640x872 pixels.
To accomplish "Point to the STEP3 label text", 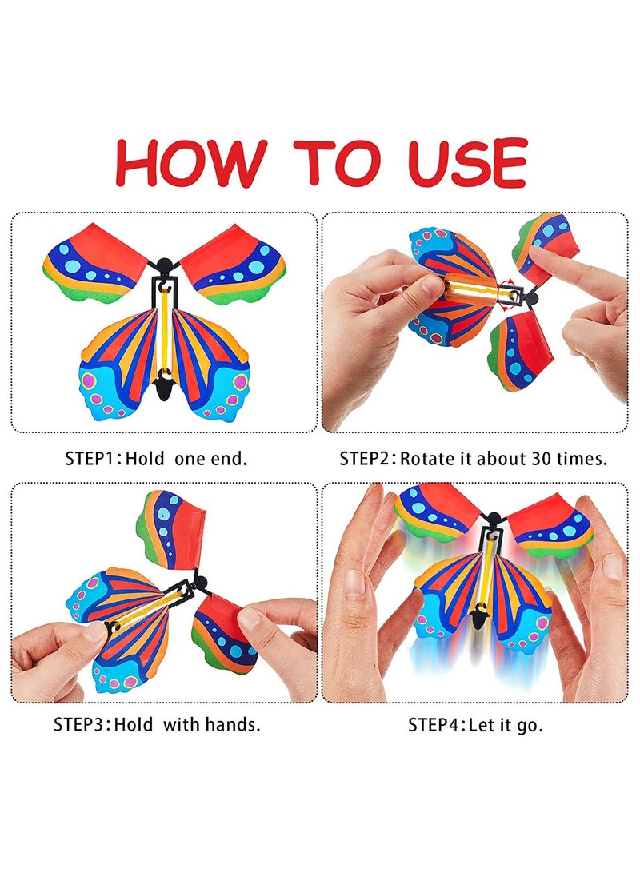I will point(81,725).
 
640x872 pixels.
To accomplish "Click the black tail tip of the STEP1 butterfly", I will point(166,388).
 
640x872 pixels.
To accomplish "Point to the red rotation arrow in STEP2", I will point(506,295).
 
